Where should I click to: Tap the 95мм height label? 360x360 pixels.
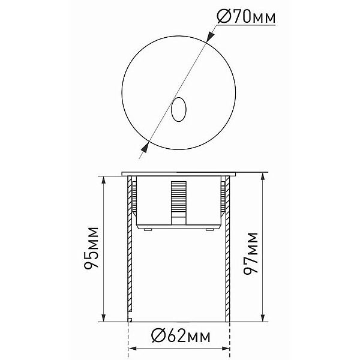coord(91,248)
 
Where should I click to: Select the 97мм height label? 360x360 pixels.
coord(250,253)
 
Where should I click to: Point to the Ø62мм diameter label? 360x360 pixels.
coord(181,337)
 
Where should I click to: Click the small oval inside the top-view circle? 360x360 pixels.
coord(179,109)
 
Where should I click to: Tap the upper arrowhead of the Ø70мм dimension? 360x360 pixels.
coord(210,36)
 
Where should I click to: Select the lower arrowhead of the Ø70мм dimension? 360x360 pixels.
coord(145,148)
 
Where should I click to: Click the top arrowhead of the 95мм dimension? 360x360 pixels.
coord(103,181)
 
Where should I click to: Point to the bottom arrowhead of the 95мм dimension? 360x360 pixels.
coord(103,317)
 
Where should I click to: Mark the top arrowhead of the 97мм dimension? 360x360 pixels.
coord(263,177)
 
